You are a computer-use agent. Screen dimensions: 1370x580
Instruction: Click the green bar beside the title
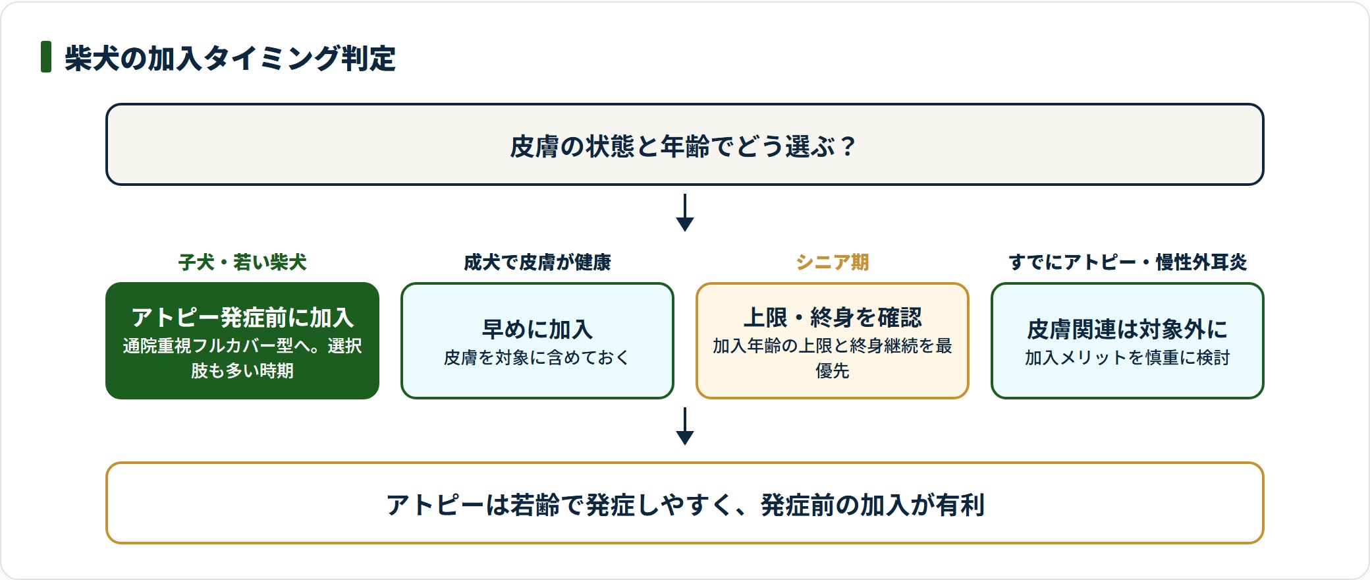coord(46,57)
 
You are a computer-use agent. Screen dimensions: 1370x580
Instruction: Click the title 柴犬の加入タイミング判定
coord(230,58)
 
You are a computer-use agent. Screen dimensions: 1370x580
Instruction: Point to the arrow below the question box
coord(685,212)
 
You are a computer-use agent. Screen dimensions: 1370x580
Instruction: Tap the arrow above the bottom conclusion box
coord(685,426)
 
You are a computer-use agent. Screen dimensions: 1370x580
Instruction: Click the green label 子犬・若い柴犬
coord(242,262)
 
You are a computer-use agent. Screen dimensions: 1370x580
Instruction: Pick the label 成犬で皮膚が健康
coord(537,262)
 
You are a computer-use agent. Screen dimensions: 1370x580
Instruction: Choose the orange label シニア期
coord(833,262)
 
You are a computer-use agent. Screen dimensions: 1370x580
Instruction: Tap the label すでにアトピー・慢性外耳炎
coord(1128,262)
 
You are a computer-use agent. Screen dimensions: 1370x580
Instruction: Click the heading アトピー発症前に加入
coord(242,318)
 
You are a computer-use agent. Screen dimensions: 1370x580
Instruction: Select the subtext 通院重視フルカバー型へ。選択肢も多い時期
coord(242,358)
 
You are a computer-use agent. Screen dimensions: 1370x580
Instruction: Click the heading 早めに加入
coord(537,329)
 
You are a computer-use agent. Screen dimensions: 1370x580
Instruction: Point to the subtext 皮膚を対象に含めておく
coord(537,357)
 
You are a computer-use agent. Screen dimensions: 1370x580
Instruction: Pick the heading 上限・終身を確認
coord(833,318)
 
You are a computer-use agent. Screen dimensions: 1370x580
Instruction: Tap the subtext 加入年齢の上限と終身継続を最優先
coord(833,358)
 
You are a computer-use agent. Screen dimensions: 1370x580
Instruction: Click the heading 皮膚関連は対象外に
coord(1128,329)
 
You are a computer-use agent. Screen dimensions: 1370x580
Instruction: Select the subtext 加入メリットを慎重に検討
coord(1128,357)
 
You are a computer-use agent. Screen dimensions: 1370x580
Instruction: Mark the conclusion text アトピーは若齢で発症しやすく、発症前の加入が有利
coord(685,505)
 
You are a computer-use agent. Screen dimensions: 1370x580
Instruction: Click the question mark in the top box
coord(847,146)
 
